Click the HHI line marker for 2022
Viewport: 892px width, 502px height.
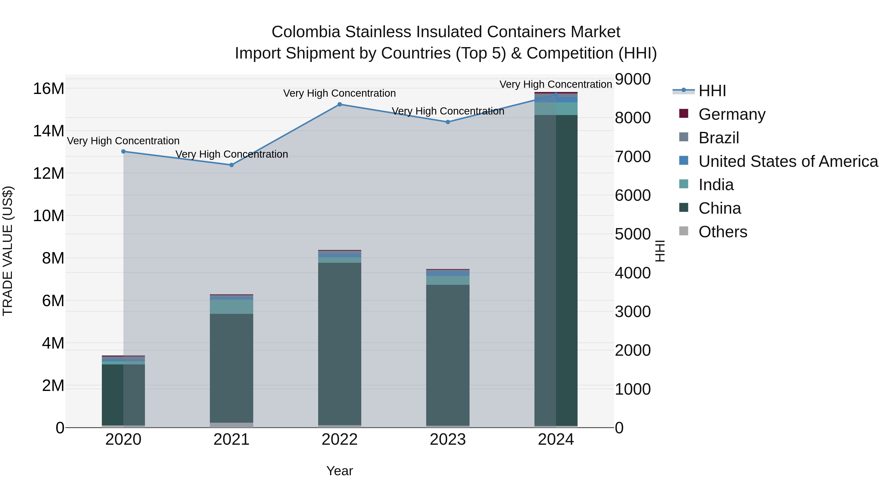point(339,104)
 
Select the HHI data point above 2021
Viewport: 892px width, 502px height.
point(231,165)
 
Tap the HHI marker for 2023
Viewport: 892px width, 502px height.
point(448,122)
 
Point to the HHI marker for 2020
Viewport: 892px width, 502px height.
point(123,151)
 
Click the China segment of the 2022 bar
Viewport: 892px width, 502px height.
point(339,343)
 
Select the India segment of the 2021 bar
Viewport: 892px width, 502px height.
point(231,307)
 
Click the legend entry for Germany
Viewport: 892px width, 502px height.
point(732,114)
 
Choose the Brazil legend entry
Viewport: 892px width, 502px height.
point(719,138)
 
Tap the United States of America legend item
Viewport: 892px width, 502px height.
point(788,161)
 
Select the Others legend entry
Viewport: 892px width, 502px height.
point(723,232)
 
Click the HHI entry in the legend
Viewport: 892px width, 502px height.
point(712,91)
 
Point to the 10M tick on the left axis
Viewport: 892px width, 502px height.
point(49,216)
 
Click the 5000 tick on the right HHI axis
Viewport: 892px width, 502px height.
point(633,234)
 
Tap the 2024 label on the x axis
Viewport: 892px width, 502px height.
point(556,440)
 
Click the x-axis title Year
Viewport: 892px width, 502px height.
point(339,471)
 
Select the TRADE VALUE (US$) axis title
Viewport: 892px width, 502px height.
point(8,251)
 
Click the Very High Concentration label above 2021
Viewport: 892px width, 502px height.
point(231,154)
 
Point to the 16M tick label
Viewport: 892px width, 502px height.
point(49,89)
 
